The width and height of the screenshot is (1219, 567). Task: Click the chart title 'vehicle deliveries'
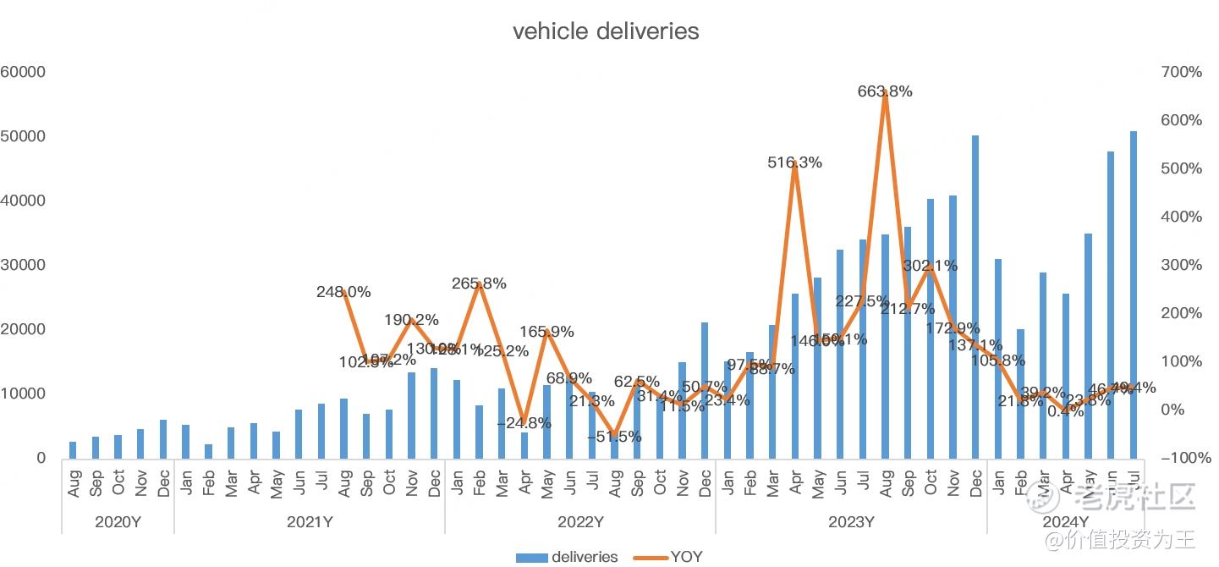pos(606,31)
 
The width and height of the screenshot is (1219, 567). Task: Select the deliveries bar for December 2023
pos(975,296)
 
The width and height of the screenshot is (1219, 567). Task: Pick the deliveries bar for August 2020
pos(73,450)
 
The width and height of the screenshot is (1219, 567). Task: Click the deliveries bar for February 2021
pos(208,451)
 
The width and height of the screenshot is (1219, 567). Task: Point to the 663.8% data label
pos(885,91)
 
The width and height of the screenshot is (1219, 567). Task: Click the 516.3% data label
pos(794,162)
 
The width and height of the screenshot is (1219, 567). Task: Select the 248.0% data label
pos(343,292)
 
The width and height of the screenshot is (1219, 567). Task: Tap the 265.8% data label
pos(479,283)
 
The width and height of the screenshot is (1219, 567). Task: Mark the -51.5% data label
pos(614,437)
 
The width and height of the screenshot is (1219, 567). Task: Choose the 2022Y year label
pos(580,522)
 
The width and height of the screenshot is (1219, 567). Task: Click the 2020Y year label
pos(118,522)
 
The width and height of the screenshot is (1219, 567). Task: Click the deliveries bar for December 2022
pos(705,390)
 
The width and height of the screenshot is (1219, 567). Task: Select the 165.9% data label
pos(546,332)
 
